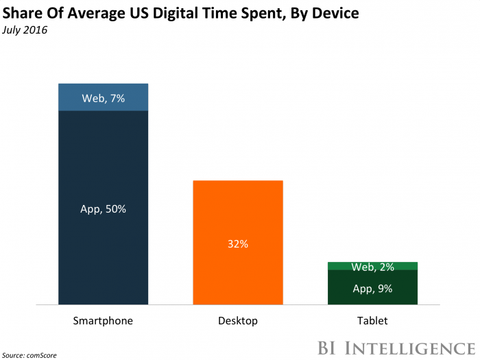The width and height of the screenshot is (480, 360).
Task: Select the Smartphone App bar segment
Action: coord(103,171)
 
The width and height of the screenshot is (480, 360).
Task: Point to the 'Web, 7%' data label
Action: coord(103,98)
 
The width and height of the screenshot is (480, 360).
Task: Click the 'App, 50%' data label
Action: coord(103,209)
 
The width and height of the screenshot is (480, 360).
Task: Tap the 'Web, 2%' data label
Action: coord(372,266)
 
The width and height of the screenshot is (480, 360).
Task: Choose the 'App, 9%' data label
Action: coord(372,289)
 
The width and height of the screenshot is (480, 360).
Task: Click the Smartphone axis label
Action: coord(103,320)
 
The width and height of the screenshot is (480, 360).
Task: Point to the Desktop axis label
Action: coord(238,320)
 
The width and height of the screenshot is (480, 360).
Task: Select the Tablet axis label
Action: coord(372,320)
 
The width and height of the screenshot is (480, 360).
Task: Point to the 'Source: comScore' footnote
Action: coord(29,354)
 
